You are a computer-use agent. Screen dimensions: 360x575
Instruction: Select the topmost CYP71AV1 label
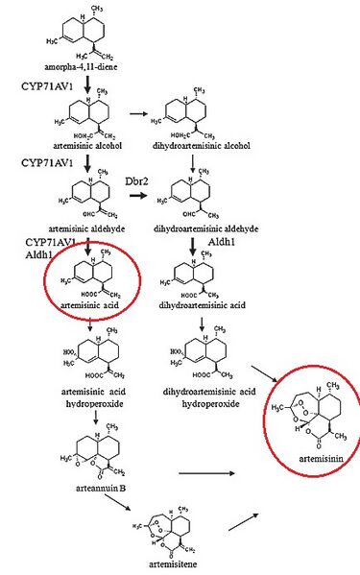[44, 85]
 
